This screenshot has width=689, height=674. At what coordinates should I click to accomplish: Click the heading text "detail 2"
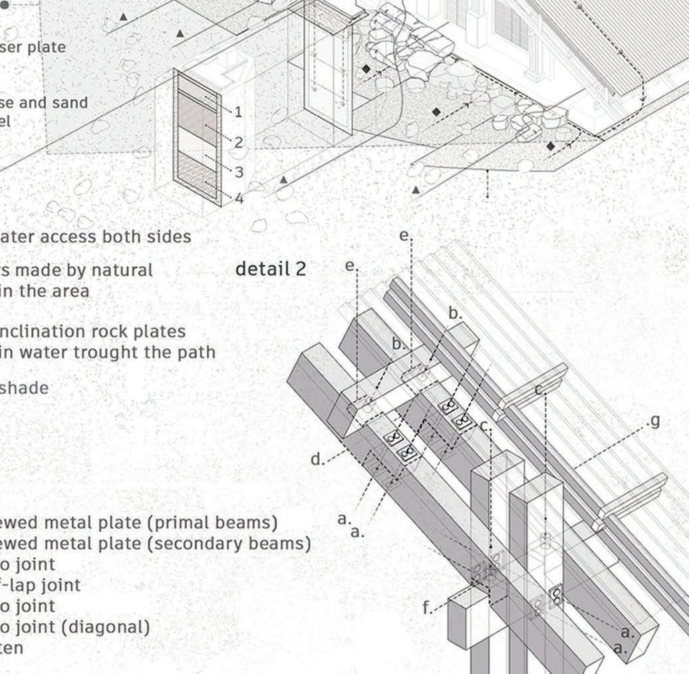tap(271, 269)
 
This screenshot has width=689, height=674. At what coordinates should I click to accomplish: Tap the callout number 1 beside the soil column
tap(238, 112)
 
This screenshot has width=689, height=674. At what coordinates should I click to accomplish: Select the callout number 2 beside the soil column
tap(238, 142)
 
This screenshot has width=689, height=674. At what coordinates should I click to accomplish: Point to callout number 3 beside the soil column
tap(239, 172)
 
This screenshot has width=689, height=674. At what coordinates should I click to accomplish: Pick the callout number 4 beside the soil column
tap(239, 198)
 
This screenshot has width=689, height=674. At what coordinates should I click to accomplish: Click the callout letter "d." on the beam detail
tap(317, 459)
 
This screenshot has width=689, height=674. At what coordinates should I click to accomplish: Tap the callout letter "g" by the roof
tap(655, 421)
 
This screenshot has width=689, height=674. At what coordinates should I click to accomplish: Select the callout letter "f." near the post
tap(428, 607)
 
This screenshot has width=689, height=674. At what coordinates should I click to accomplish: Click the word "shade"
tap(25, 388)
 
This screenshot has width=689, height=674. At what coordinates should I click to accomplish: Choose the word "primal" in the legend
tap(184, 523)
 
